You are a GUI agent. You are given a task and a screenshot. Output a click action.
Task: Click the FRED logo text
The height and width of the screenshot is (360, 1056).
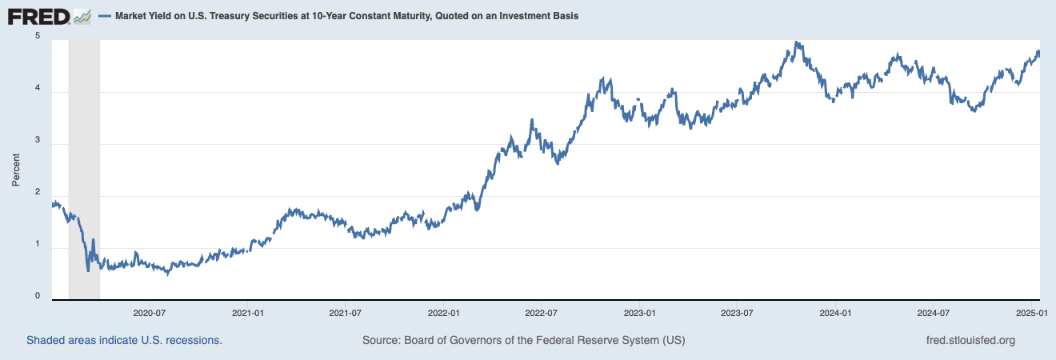(37, 15)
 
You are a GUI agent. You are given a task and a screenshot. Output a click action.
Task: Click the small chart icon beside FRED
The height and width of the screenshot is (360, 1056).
(82, 15)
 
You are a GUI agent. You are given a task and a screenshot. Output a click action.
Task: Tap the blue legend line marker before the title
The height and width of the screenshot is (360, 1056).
(105, 16)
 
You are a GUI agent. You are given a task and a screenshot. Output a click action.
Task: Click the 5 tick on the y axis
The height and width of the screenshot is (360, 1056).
(37, 37)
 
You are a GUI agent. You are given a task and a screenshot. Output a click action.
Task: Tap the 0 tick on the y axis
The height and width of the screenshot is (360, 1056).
(37, 296)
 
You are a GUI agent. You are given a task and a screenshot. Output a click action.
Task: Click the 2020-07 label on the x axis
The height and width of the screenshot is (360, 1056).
(150, 312)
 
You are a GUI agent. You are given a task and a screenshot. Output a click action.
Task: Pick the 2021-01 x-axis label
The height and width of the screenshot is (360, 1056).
(248, 312)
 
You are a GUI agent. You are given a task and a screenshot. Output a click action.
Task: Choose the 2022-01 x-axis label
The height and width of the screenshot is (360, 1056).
(443, 312)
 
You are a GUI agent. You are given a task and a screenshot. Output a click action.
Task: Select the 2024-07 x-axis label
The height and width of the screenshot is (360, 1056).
(934, 312)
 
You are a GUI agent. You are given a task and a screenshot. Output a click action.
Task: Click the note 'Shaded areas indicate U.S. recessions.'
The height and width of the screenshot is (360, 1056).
(124, 340)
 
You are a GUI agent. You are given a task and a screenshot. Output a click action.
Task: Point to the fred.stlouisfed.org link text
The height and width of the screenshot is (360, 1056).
(969, 340)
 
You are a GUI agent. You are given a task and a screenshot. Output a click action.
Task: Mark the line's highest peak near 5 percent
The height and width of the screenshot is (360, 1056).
(796, 42)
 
